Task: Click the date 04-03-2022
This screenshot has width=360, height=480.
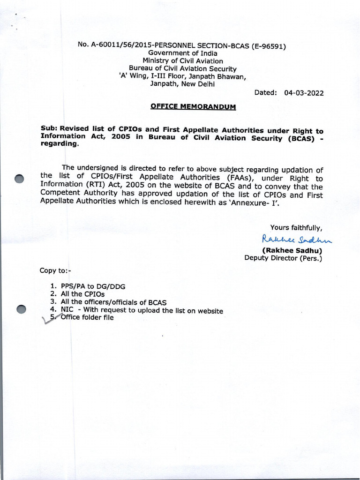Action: click(x=304, y=93)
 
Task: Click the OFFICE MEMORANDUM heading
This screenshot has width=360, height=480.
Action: click(x=193, y=107)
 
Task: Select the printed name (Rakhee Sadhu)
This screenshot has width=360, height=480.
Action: click(x=292, y=250)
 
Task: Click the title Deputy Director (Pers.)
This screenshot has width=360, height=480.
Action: click(x=283, y=258)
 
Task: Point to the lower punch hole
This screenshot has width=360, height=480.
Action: click(x=22, y=309)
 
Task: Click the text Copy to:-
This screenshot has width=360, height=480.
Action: click(x=55, y=271)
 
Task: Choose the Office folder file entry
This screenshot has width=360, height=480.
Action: click(x=87, y=317)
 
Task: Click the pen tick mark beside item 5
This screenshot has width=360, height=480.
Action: click(x=48, y=320)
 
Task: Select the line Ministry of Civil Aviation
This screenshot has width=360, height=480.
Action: click(x=183, y=61)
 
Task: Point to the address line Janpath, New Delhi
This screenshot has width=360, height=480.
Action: click(x=182, y=84)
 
